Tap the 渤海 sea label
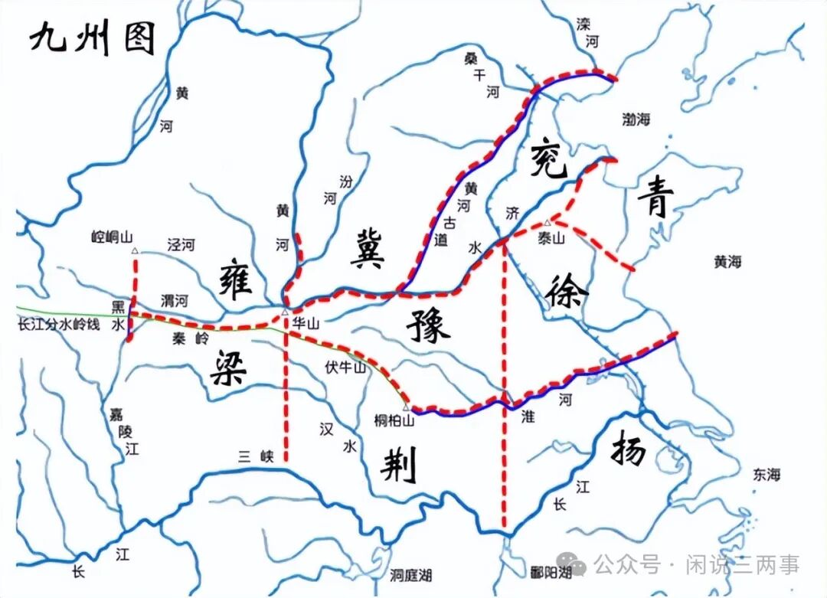pyautogui.click(x=636, y=119)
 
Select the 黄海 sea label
pyautogui.click(x=727, y=262)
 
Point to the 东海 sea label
pyautogui.click(x=766, y=475)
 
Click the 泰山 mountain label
pyautogui.click(x=551, y=238)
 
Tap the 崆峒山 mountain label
pyautogui.click(x=113, y=237)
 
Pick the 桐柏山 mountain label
pyautogui.click(x=394, y=420)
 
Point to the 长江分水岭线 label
pyautogui.click(x=59, y=325)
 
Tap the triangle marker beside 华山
pyautogui.click(x=285, y=312)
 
